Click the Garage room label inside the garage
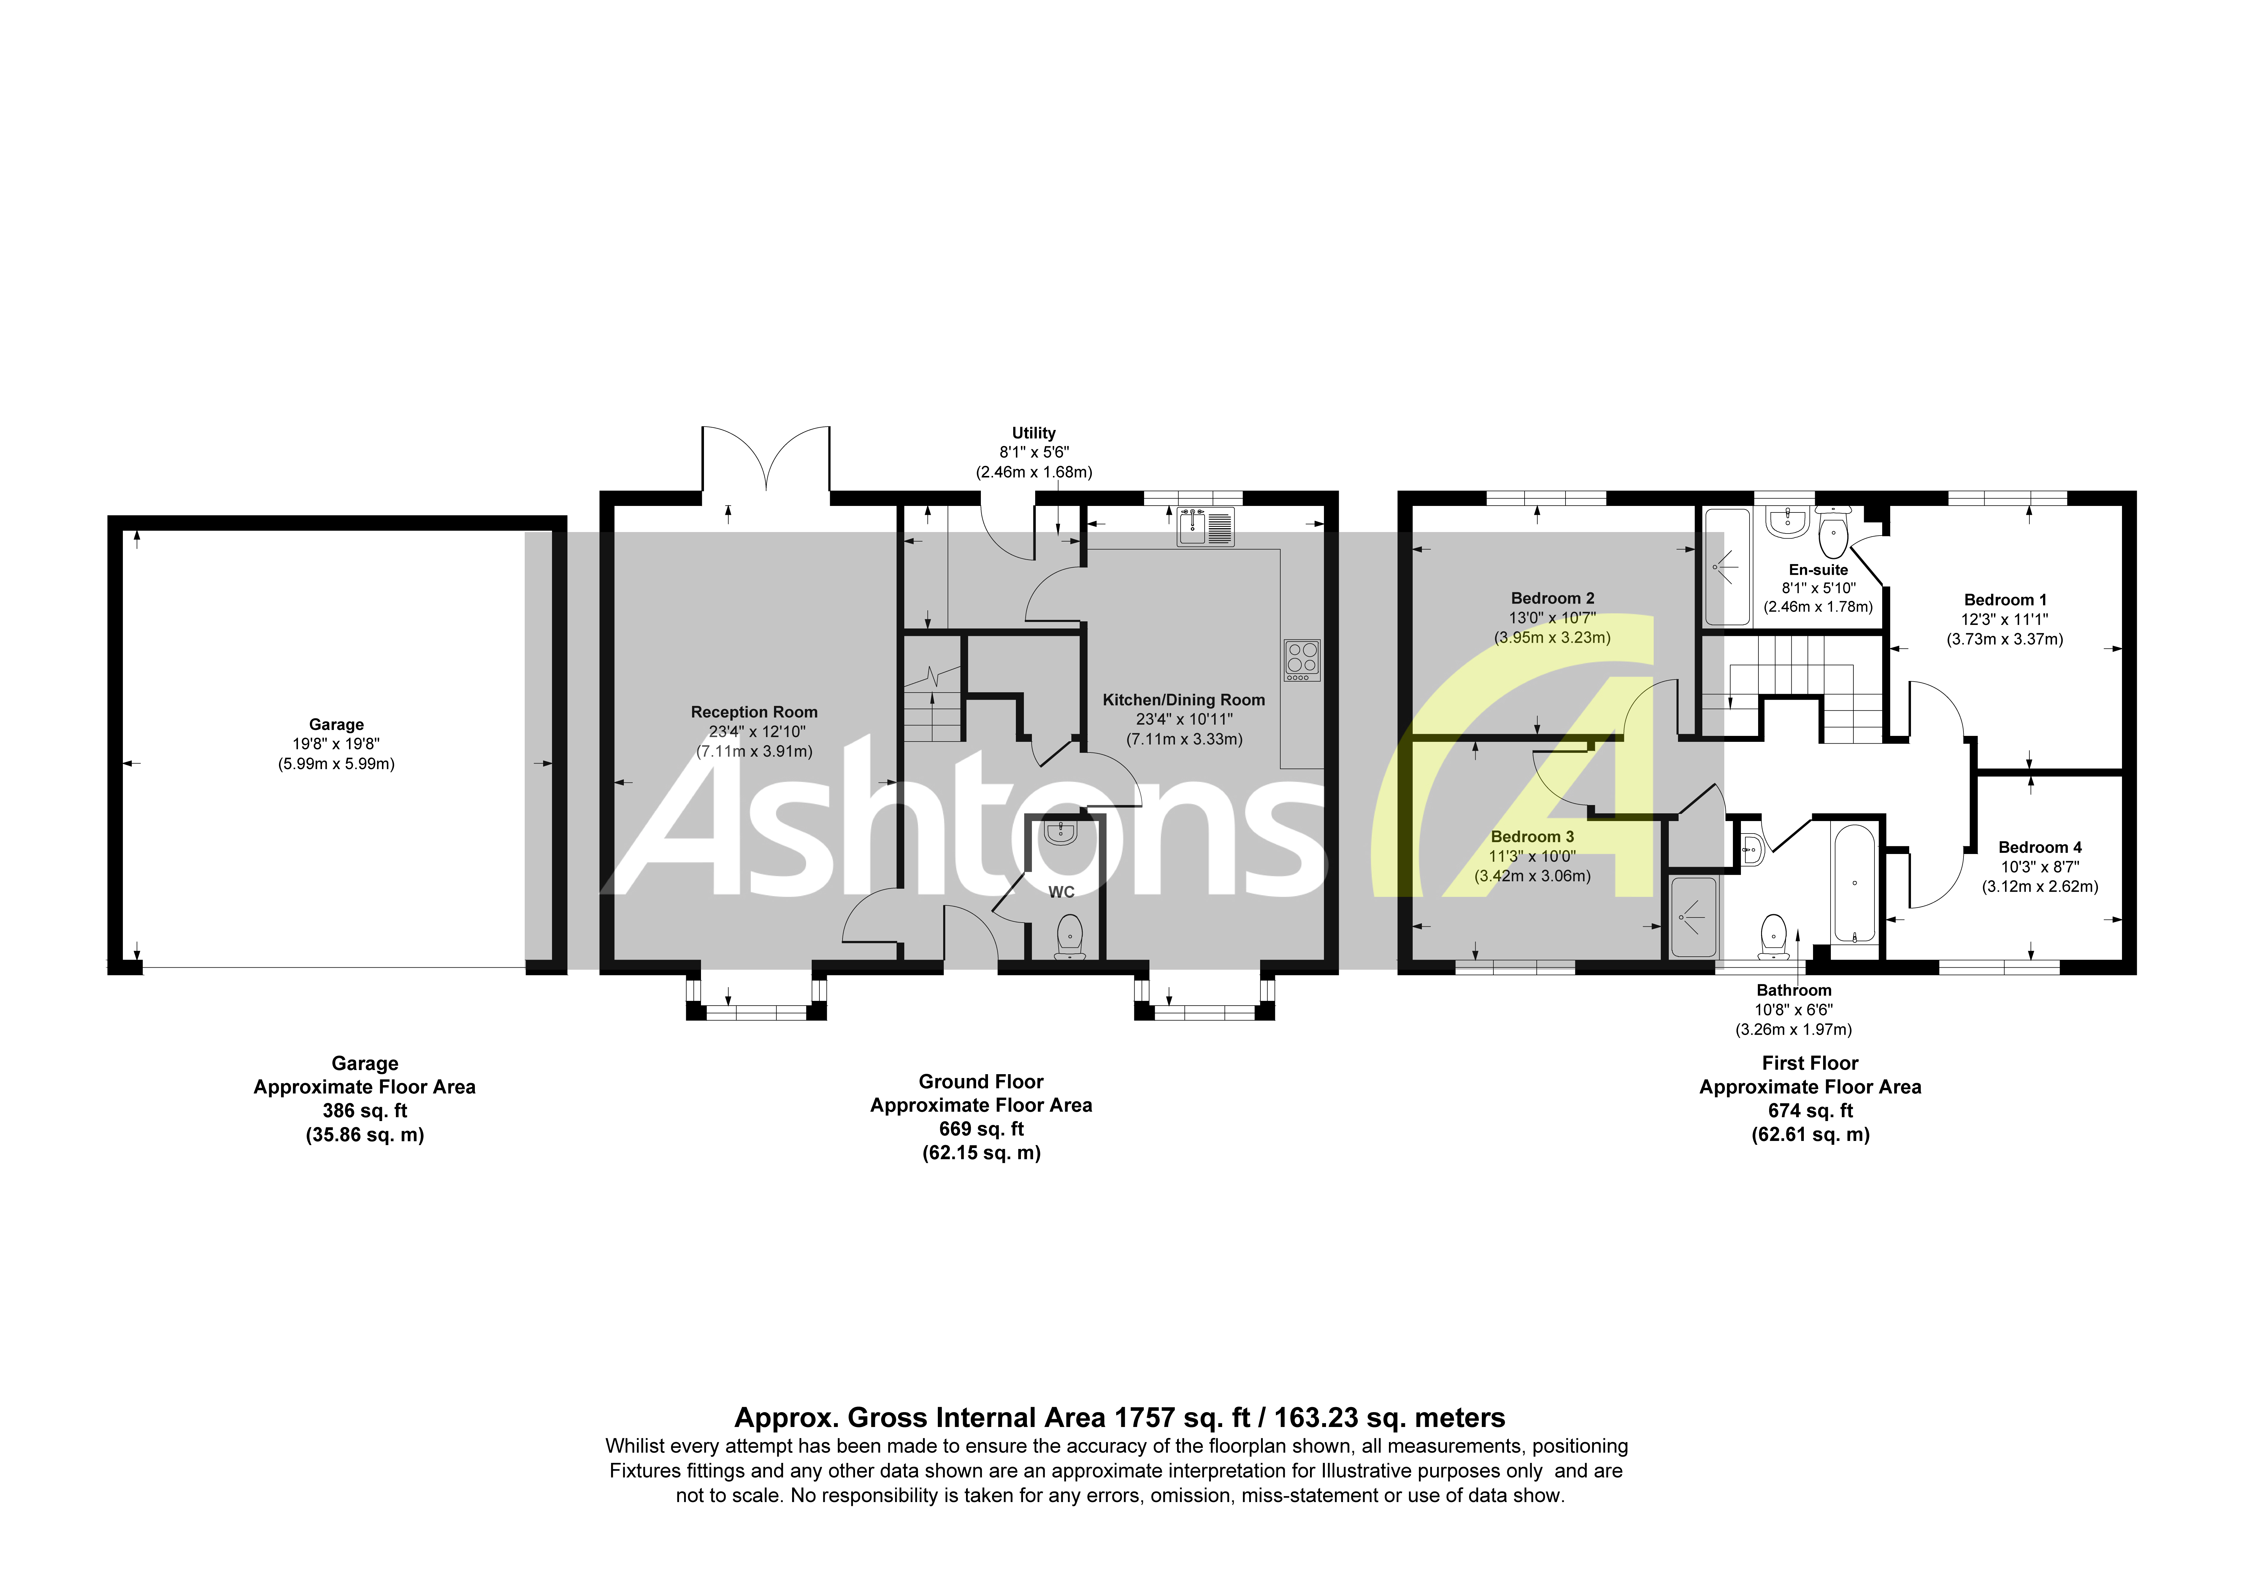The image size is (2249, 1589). point(336,725)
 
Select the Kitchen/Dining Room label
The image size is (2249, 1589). point(1183,699)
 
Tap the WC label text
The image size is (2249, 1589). point(1061,891)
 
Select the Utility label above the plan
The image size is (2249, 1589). point(1033,433)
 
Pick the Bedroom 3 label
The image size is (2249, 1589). point(1532,836)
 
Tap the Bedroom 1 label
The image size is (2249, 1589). point(2004,601)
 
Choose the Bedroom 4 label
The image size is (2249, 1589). point(2039,847)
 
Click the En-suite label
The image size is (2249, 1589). point(1818,570)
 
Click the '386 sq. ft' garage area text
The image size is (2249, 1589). point(364,1111)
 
